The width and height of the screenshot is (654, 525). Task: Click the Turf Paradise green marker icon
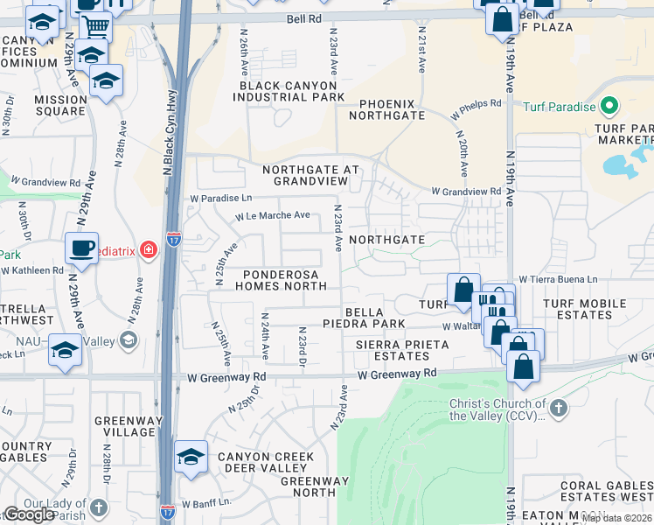click(x=609, y=108)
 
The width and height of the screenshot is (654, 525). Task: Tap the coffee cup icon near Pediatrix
click(x=81, y=248)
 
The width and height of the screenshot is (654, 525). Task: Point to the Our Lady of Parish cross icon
click(x=98, y=507)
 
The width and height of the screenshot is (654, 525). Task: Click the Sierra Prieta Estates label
click(x=402, y=351)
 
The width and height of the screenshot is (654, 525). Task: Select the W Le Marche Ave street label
click(x=272, y=215)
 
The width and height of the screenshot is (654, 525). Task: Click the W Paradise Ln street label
click(x=221, y=199)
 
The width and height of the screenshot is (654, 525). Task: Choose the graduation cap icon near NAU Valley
click(x=64, y=351)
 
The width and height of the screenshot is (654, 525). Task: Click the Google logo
click(x=29, y=514)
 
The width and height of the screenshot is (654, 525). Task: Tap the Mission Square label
click(x=61, y=105)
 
